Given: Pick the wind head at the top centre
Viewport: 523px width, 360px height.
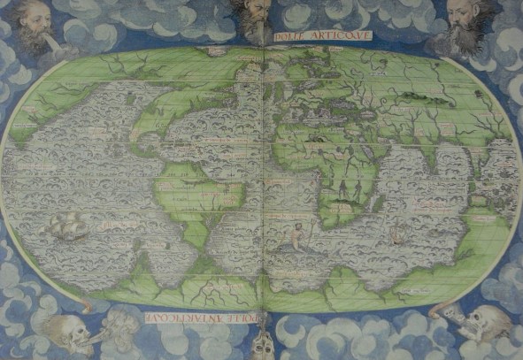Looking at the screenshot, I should click(257, 18).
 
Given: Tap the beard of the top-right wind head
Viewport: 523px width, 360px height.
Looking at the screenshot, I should click(464, 42).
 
